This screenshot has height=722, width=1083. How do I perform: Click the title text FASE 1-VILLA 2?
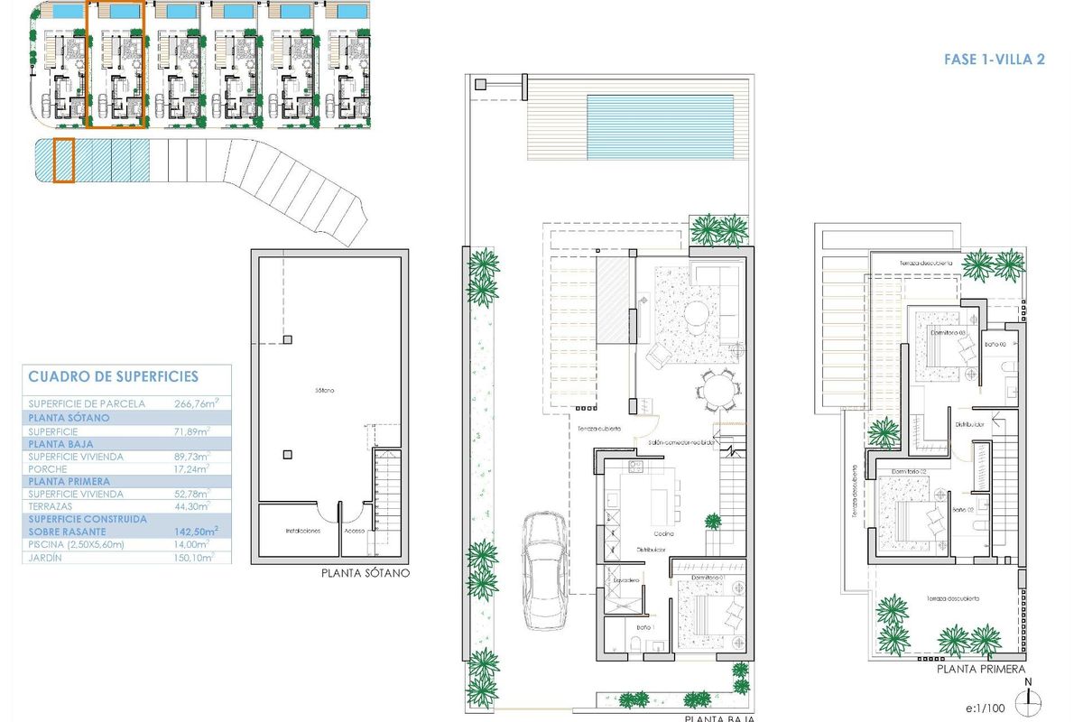pos(994,60)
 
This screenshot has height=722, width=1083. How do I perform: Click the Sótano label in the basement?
pos(325,390)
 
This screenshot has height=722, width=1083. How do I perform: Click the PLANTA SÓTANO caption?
pos(365,573)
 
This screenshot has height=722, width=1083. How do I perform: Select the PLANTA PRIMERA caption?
pos(980,669)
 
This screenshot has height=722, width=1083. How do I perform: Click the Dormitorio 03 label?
pos(948,333)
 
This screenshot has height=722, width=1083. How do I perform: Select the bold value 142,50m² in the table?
pos(197,532)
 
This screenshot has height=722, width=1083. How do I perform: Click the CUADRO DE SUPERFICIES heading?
pos(113,377)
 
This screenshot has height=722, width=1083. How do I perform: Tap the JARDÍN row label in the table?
pos(47,559)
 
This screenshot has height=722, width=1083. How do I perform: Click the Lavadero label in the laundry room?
pos(627,579)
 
